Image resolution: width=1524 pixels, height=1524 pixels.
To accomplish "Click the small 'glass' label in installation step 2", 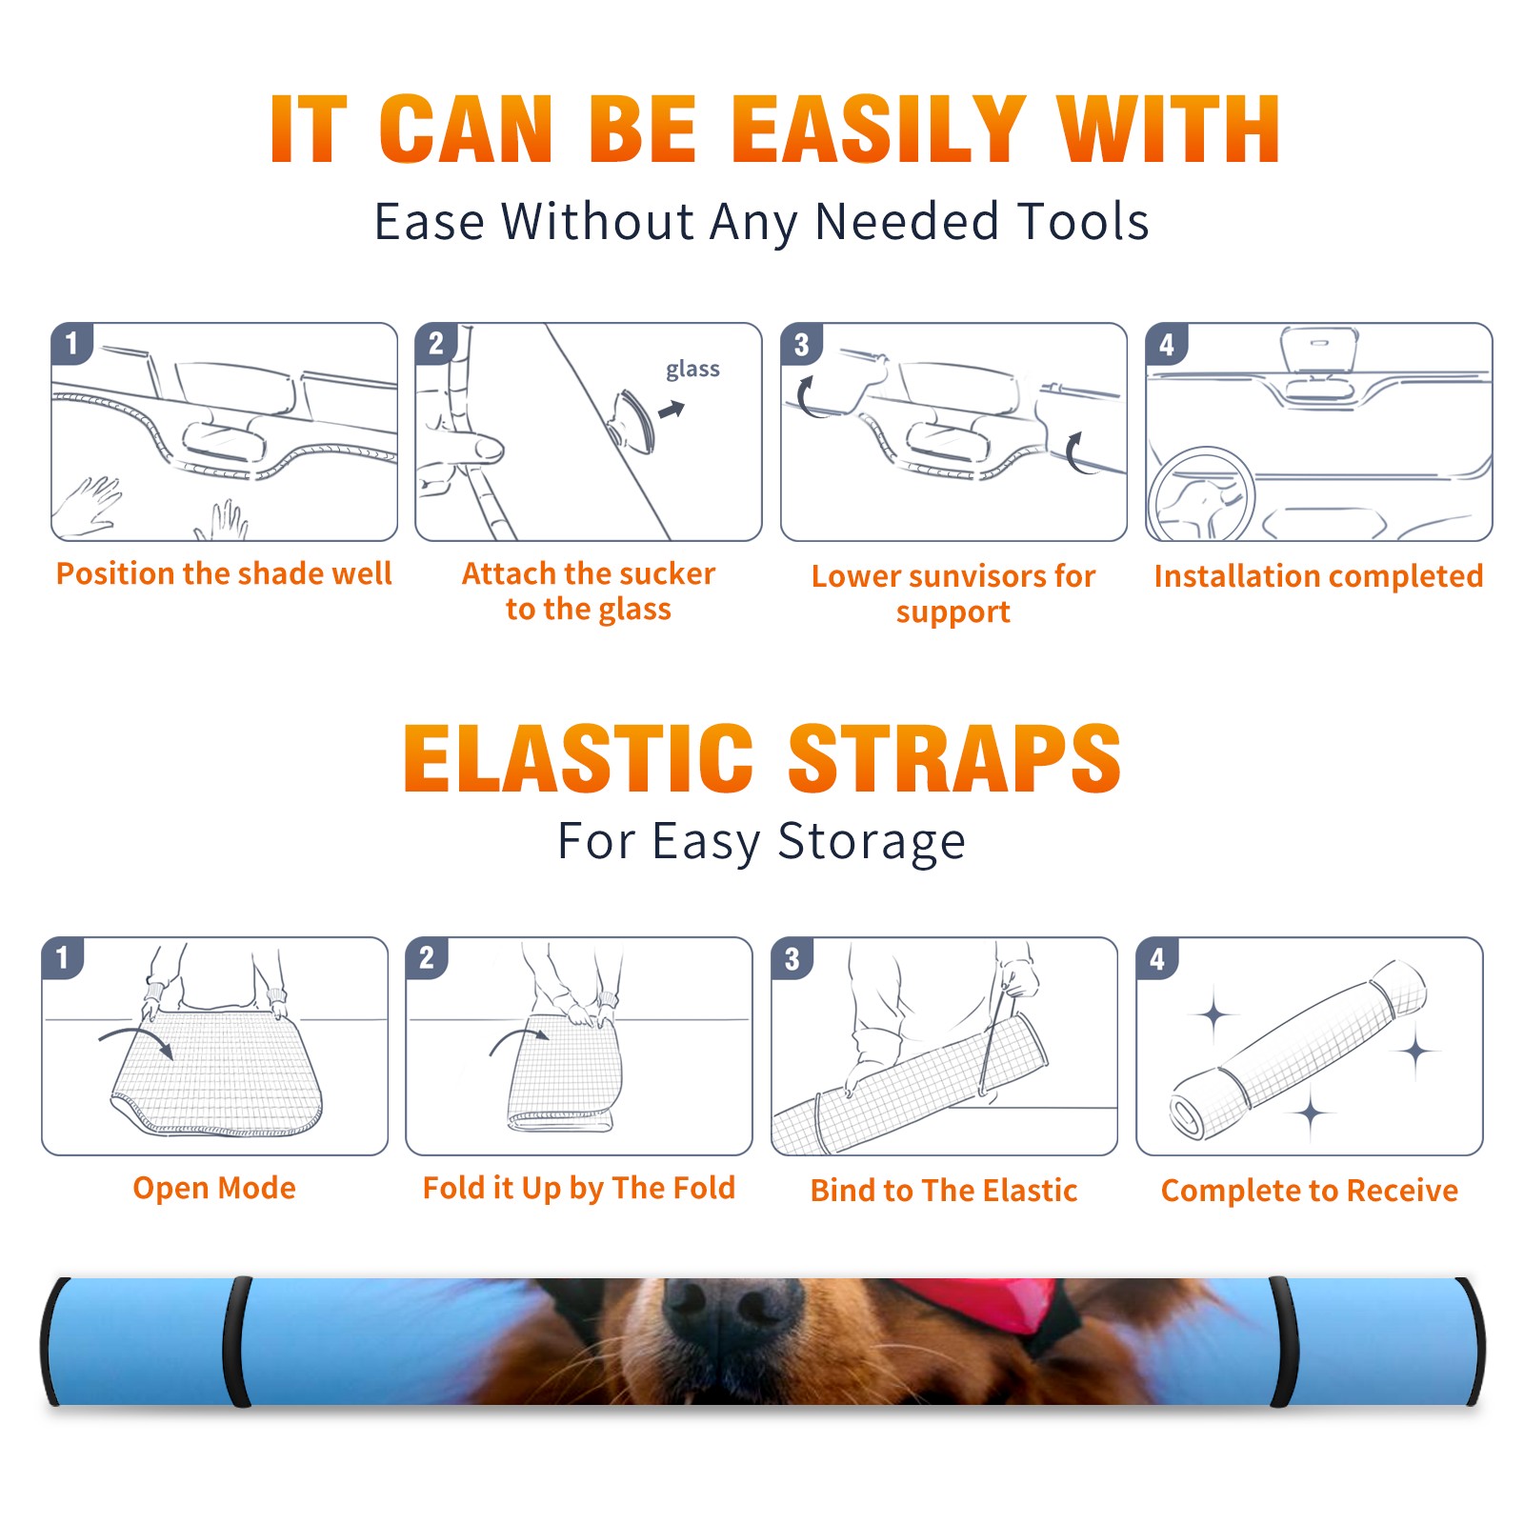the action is pos(692,370).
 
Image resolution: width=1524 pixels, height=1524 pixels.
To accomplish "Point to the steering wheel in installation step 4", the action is pos(1200,494).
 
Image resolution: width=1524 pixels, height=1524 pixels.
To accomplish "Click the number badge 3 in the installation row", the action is pos(801,344).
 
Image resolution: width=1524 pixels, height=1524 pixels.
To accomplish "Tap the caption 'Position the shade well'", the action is pos(224,573).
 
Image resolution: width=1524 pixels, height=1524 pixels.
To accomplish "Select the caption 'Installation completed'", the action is pos(1318,576).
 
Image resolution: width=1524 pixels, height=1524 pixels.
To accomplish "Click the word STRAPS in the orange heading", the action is pos(954,758).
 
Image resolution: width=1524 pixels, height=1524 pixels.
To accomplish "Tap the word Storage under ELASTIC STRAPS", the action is pos(872,842).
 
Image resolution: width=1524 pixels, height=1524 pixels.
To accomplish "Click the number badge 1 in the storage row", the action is pos(63,957).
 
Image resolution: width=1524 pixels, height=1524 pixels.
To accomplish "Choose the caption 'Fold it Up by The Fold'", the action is pos(579,1189).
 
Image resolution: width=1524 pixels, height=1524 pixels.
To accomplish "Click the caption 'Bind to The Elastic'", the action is pos(944,1191).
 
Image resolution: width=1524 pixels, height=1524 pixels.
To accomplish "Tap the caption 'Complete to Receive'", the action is pos(1310,1191).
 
